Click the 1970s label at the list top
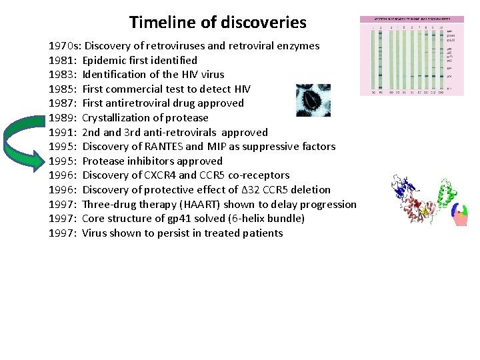[65, 46]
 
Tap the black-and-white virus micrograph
[313, 100]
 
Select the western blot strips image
[411, 56]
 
